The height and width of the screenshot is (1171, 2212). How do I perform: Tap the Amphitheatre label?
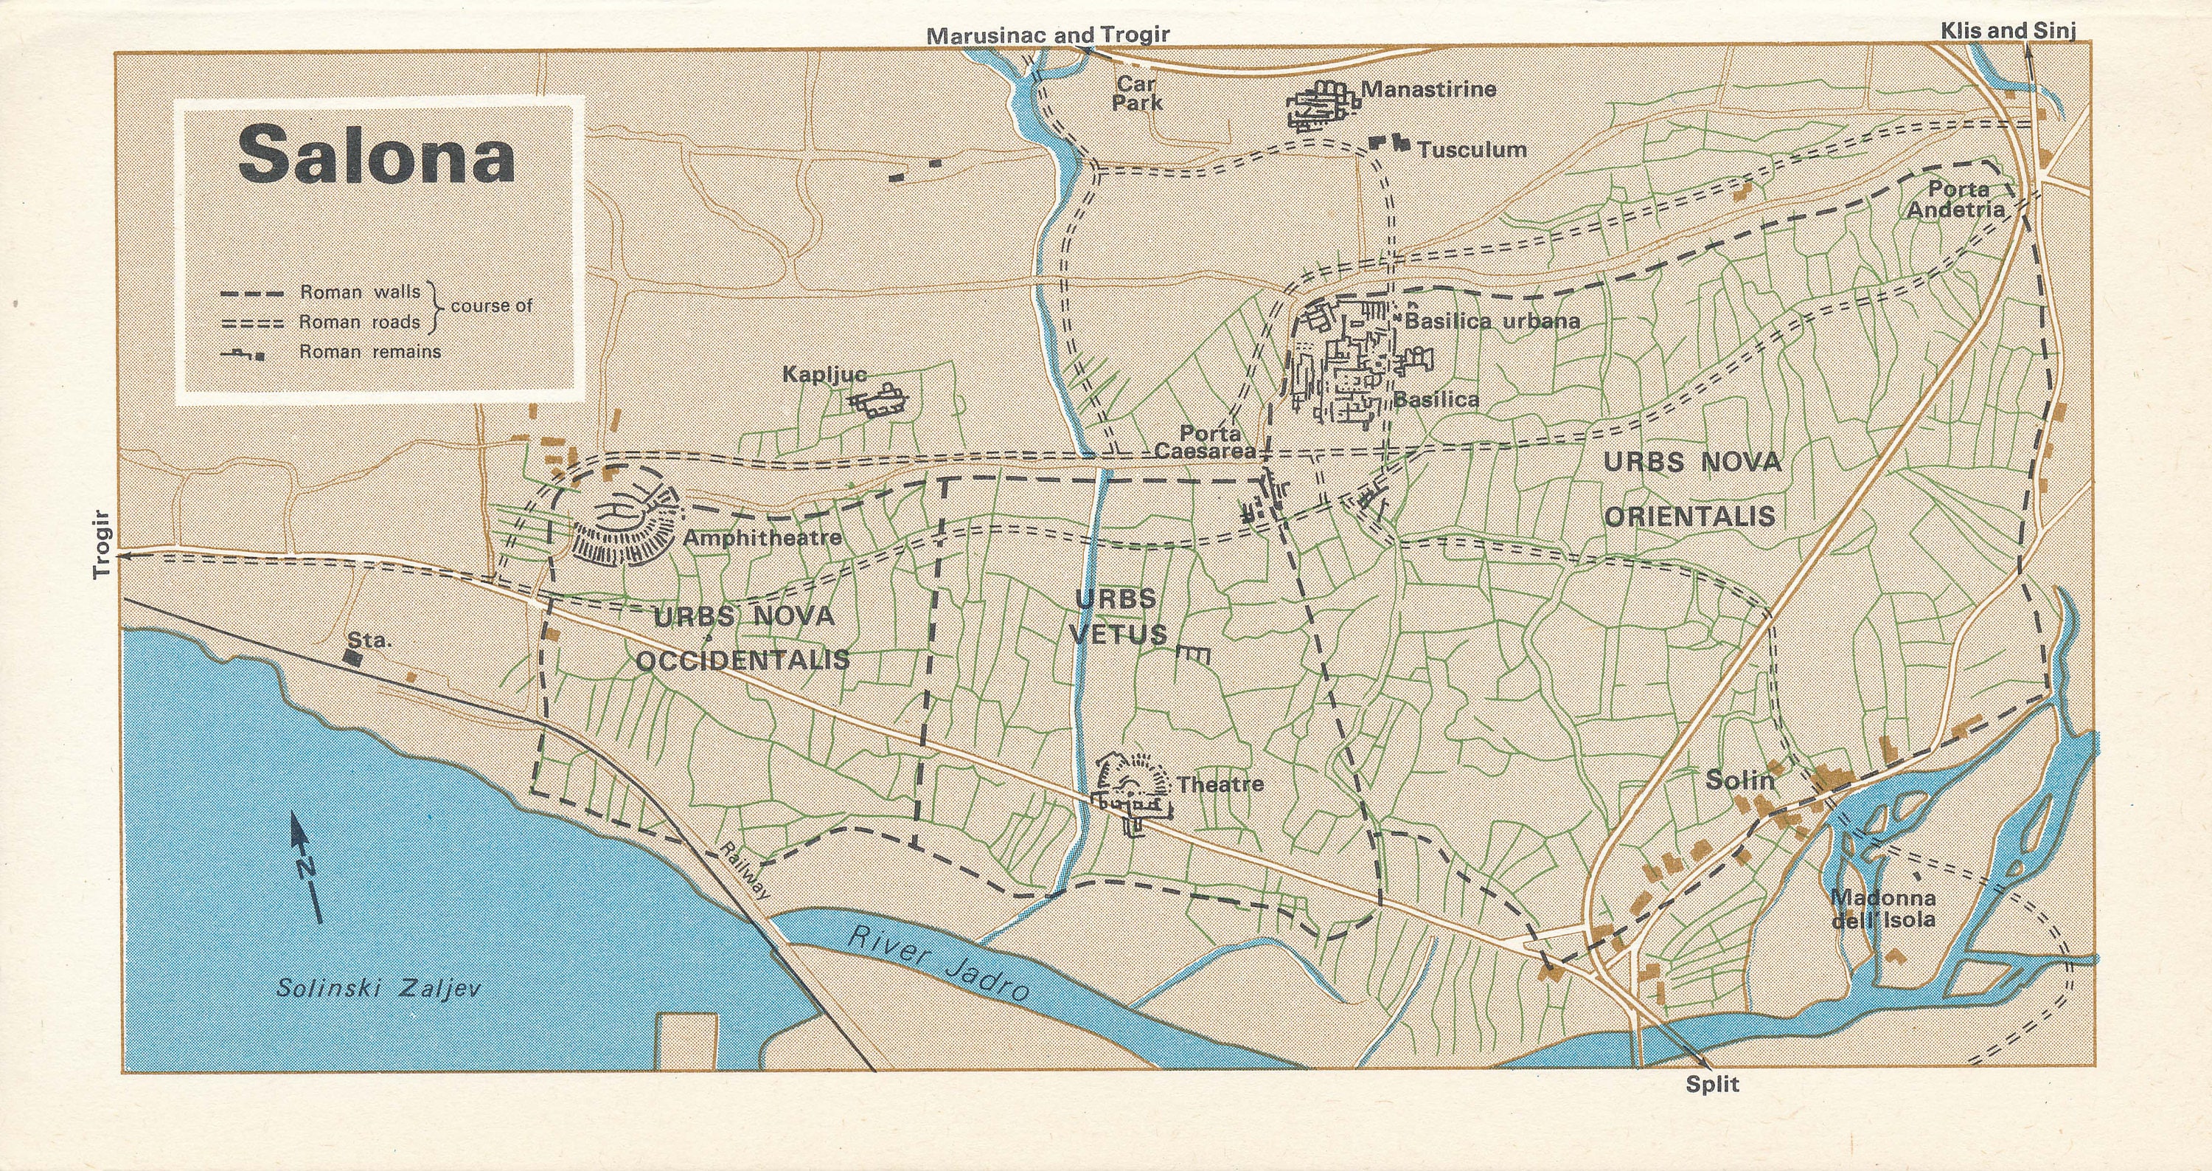tap(762, 539)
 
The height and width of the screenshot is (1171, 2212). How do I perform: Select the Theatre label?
tap(1220, 784)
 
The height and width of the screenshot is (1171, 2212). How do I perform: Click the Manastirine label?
tap(1428, 89)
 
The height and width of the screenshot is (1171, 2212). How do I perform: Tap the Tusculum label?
tap(1471, 151)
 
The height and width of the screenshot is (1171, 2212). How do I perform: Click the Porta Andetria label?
tap(1957, 198)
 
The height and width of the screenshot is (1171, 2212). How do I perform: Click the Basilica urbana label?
tap(1492, 321)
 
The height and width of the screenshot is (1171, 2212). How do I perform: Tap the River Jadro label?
tap(938, 963)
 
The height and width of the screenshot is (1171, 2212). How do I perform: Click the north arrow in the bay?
tap(307, 868)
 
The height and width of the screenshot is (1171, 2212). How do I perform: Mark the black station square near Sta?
tap(351, 657)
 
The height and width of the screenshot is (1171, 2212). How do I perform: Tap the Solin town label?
tap(1739, 780)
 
